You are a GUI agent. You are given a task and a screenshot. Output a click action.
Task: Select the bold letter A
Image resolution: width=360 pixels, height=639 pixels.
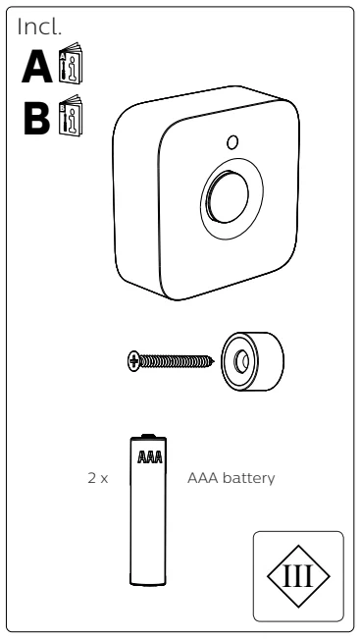point(37,67)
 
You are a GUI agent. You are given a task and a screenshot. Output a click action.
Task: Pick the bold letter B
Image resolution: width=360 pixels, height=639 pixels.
point(37,118)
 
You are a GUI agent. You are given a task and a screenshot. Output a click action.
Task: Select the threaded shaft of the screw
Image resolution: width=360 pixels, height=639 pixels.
point(177,361)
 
